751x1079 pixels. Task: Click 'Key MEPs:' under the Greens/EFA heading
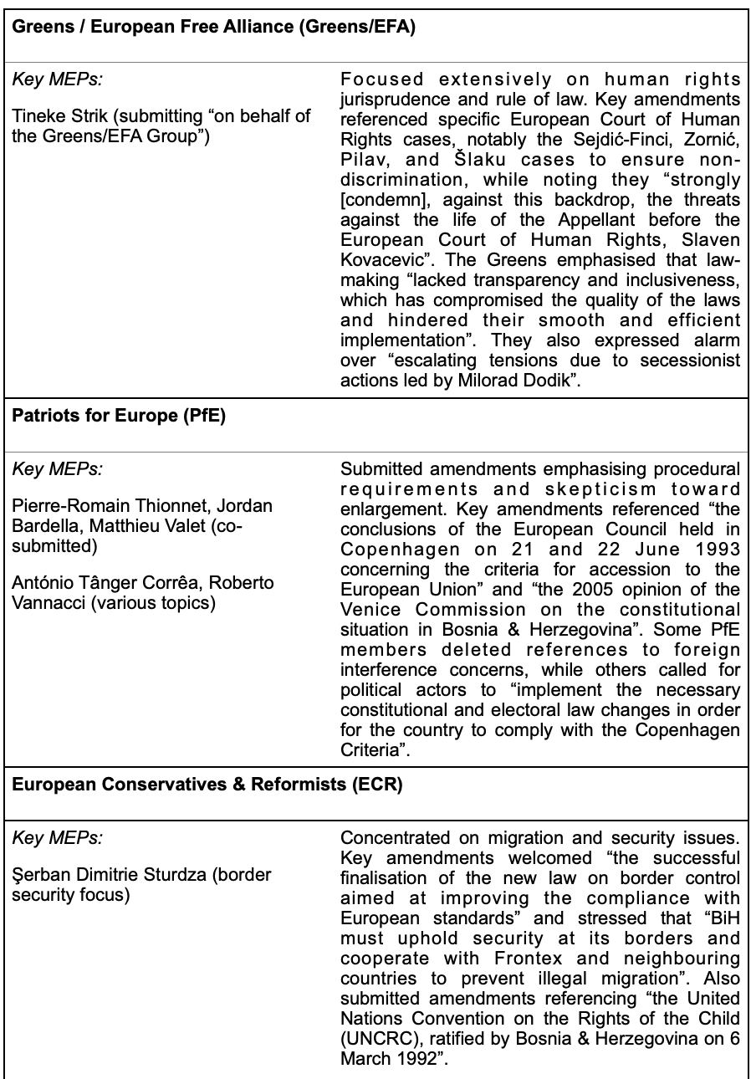coord(56,80)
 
